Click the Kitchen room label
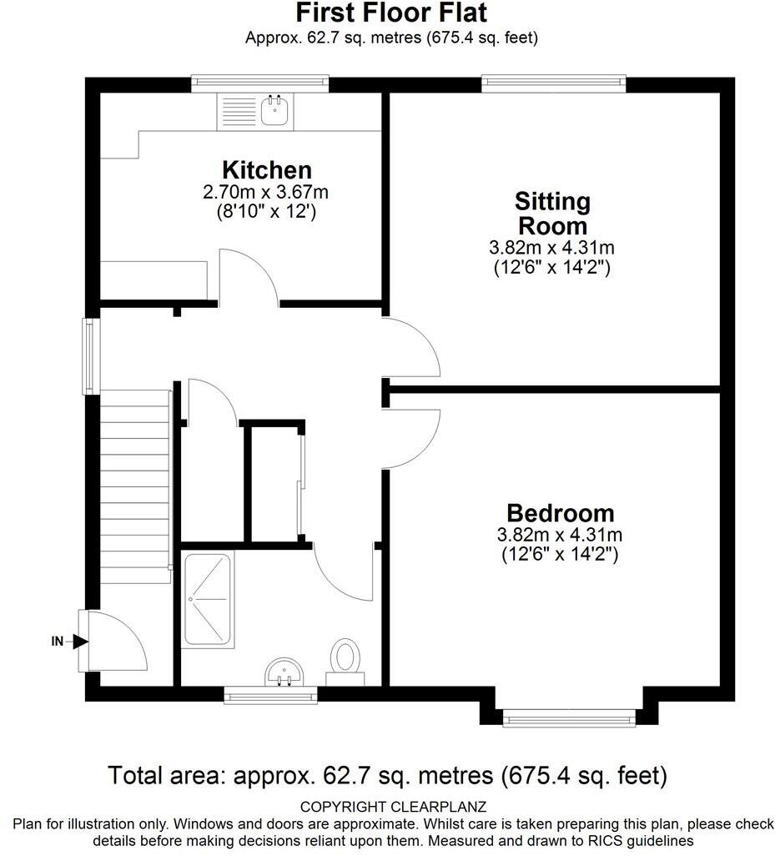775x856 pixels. click(x=267, y=170)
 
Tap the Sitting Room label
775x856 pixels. click(x=553, y=214)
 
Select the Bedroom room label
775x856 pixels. click(x=561, y=513)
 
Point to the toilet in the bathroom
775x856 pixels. click(x=345, y=662)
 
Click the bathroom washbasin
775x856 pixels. click(x=284, y=672)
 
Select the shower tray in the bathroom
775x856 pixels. click(x=208, y=599)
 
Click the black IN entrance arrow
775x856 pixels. click(x=80, y=642)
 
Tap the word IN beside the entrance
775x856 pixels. click(x=58, y=642)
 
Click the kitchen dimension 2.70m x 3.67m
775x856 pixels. click(x=266, y=192)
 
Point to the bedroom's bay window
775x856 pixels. click(x=569, y=718)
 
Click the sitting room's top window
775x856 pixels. click(x=554, y=83)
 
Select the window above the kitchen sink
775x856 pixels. click(x=260, y=83)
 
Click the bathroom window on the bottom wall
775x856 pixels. click(x=270, y=694)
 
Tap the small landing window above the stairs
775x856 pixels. click(x=91, y=356)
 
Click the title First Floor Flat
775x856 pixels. click(x=391, y=13)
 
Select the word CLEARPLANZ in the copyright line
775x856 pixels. click(x=439, y=806)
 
